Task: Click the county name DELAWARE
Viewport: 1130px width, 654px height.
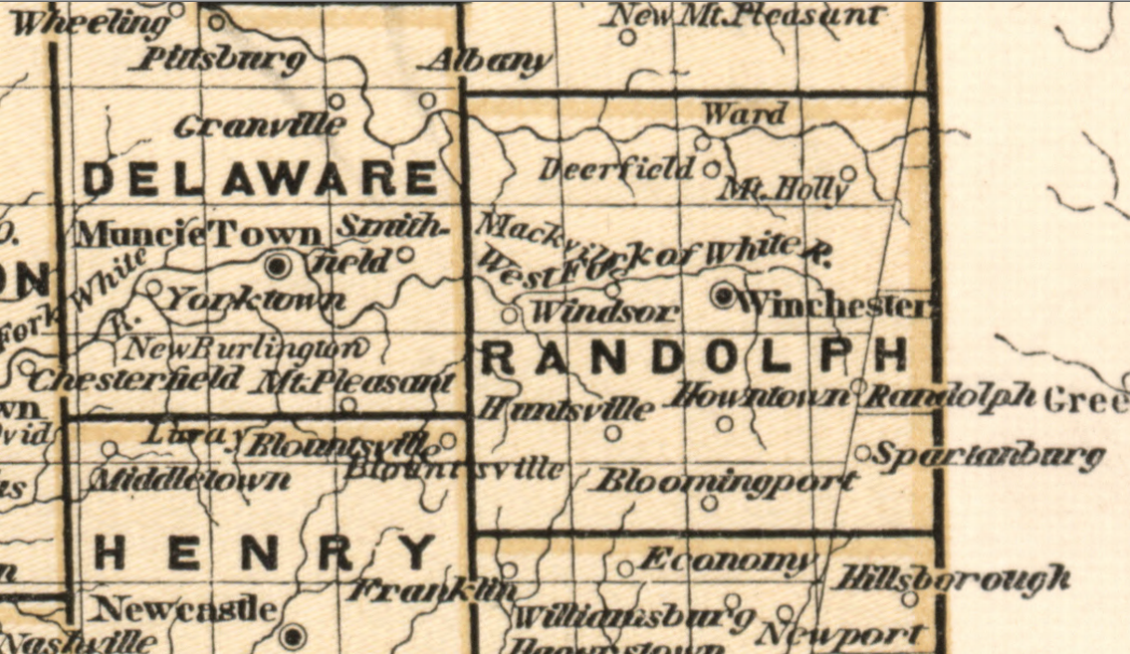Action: tap(260, 179)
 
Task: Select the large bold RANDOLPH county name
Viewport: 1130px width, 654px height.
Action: tap(694, 355)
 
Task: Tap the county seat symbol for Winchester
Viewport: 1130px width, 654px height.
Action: tap(724, 295)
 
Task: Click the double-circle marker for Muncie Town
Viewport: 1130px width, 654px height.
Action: tap(279, 265)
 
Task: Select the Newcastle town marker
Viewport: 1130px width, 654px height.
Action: tap(292, 634)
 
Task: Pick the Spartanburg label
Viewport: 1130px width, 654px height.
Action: tap(988, 457)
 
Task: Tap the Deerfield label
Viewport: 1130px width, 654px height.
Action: tap(616, 169)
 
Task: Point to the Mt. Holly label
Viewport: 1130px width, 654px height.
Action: tap(782, 188)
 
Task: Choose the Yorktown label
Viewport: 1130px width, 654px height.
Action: tap(256, 299)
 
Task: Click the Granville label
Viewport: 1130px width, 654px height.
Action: tap(261, 126)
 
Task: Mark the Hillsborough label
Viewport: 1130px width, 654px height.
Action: tap(955, 577)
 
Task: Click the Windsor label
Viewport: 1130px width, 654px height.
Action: tap(605, 312)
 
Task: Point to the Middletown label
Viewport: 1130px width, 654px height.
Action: tap(191, 481)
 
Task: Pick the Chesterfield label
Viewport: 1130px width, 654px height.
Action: tap(136, 379)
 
